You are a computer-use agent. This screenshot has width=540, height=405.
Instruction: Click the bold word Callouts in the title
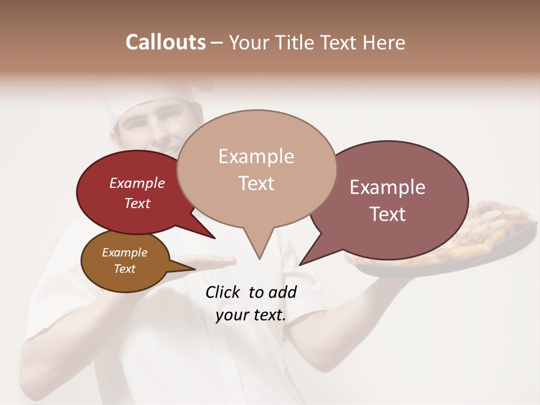(x=165, y=42)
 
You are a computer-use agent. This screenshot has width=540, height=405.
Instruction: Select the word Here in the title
(x=384, y=42)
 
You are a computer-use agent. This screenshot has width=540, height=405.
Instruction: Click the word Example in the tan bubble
(x=256, y=156)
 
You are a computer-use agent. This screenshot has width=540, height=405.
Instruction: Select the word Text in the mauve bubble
(x=388, y=214)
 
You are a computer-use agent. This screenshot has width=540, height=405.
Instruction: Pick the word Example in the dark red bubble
(x=137, y=183)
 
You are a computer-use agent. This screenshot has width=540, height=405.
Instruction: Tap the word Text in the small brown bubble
(x=124, y=268)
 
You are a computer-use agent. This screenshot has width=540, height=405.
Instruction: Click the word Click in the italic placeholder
(x=222, y=292)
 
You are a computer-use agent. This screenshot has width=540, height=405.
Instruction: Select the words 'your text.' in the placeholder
(x=250, y=315)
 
